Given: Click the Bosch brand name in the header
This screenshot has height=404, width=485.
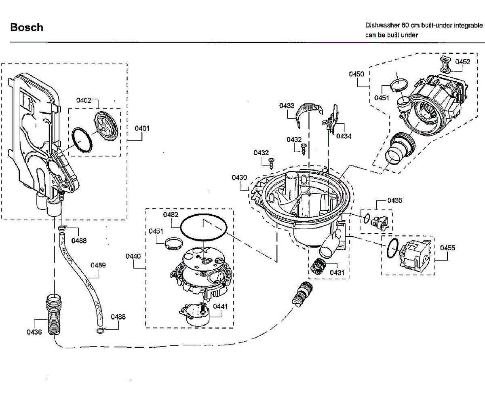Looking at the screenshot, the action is pyautogui.click(x=27, y=27).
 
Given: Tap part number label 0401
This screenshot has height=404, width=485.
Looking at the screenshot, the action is pyautogui.click(x=142, y=128).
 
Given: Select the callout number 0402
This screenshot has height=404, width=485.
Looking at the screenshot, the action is pyautogui.click(x=84, y=100).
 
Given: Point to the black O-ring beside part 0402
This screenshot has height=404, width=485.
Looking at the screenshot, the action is pyautogui.click(x=82, y=140).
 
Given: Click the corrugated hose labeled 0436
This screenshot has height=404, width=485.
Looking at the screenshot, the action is pyautogui.click(x=54, y=315).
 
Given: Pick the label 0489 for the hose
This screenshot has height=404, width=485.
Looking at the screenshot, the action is pyautogui.click(x=98, y=265).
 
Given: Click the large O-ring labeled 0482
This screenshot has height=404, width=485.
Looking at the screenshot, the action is pyautogui.click(x=204, y=227).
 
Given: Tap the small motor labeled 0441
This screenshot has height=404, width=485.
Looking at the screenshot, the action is pyautogui.click(x=194, y=315).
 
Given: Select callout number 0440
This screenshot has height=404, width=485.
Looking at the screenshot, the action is pyautogui.click(x=133, y=256).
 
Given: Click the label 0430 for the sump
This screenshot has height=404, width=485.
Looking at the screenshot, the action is pyautogui.click(x=239, y=178).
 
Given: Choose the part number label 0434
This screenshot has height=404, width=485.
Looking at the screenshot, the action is pyautogui.click(x=344, y=136).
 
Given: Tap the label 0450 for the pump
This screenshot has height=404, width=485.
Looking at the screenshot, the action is pyautogui.click(x=356, y=74).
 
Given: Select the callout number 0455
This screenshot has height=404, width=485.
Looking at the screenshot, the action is pyautogui.click(x=447, y=248).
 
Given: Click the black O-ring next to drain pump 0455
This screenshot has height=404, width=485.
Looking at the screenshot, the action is pyautogui.click(x=392, y=248).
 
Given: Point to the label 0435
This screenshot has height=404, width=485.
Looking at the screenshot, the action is pyautogui.click(x=395, y=200).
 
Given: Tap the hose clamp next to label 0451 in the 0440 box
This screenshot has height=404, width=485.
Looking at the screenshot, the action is pyautogui.click(x=174, y=244).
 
